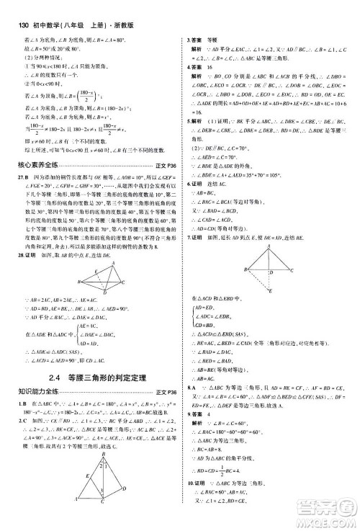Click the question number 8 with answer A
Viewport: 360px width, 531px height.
click(x=189, y=387)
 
